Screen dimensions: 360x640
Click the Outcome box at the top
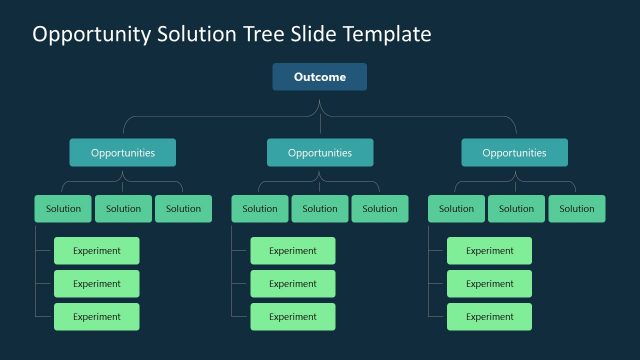pyautogui.click(x=320, y=77)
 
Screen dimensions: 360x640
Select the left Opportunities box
pyautogui.click(x=123, y=153)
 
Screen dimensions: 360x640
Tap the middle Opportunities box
pyautogui.click(x=320, y=153)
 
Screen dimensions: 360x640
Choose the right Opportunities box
pyautogui.click(x=514, y=153)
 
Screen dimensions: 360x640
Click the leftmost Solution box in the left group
pyautogui.click(x=63, y=209)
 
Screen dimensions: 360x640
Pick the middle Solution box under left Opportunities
pyautogui.click(x=123, y=209)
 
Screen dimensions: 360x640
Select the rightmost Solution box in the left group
pyautogui.click(x=183, y=209)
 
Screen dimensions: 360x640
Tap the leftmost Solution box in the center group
pyautogui.click(x=260, y=209)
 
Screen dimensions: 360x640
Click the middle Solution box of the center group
pyautogui.click(x=320, y=209)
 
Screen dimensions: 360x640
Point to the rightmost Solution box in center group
pyautogui.click(x=380, y=209)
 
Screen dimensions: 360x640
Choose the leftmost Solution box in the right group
pyautogui.click(x=456, y=209)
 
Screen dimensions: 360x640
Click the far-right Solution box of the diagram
pyautogui.click(x=576, y=209)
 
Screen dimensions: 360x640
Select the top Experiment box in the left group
pyautogui.click(x=97, y=251)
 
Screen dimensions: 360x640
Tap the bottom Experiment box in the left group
pyautogui.click(x=97, y=317)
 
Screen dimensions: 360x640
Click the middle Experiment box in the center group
pyautogui.click(x=293, y=284)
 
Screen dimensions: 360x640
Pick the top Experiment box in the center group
pyautogui.click(x=293, y=251)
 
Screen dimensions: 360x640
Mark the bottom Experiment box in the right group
pyautogui.click(x=489, y=317)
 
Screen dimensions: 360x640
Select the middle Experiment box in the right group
pyautogui.click(x=489, y=284)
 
